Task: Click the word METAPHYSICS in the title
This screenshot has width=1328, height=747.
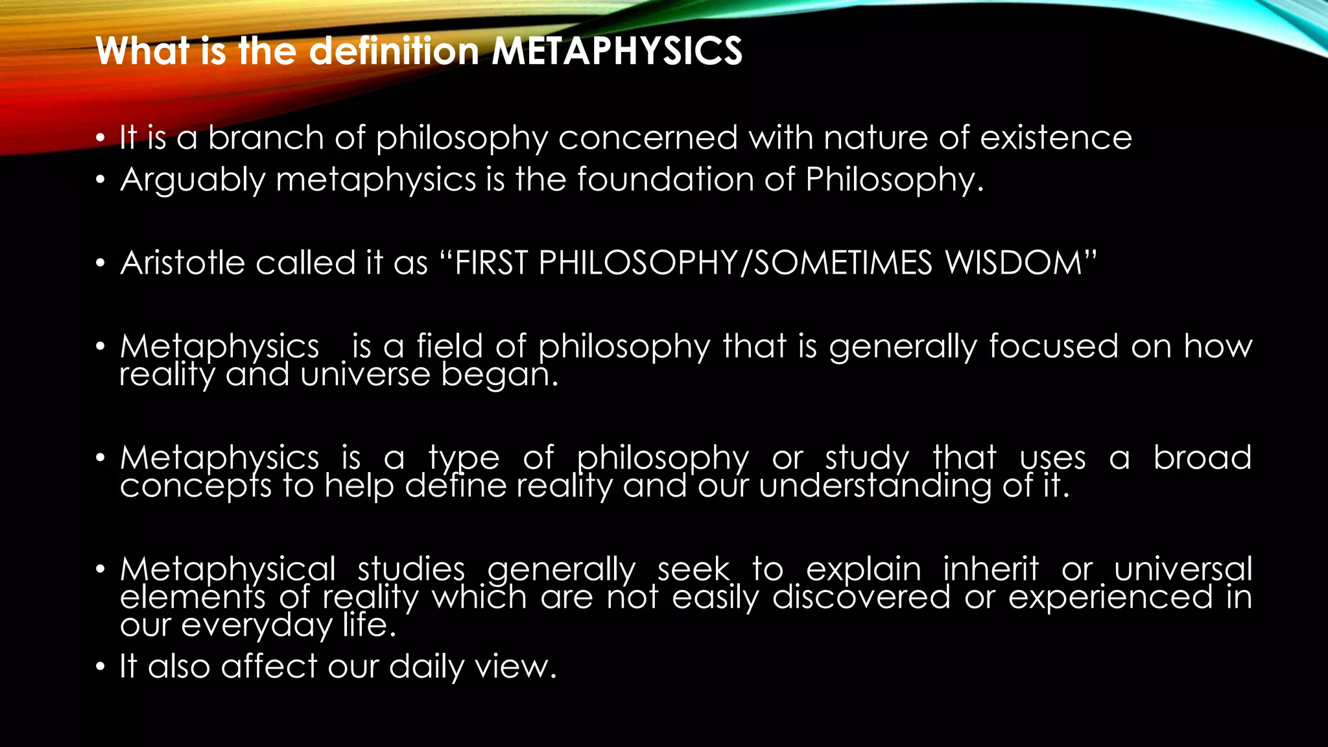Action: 617,51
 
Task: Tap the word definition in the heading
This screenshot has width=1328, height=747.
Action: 394,51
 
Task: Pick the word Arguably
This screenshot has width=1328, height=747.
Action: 193,180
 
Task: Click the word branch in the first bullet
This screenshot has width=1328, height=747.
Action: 265,138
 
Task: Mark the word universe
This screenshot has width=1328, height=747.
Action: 365,375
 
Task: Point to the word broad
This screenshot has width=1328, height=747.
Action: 1202,458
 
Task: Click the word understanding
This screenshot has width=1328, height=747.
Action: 875,486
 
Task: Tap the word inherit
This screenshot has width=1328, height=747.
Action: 990,569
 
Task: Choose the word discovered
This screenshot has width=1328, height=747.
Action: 861,597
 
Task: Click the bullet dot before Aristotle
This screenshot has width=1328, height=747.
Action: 99,264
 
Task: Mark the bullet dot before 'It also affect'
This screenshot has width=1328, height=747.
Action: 99,667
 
